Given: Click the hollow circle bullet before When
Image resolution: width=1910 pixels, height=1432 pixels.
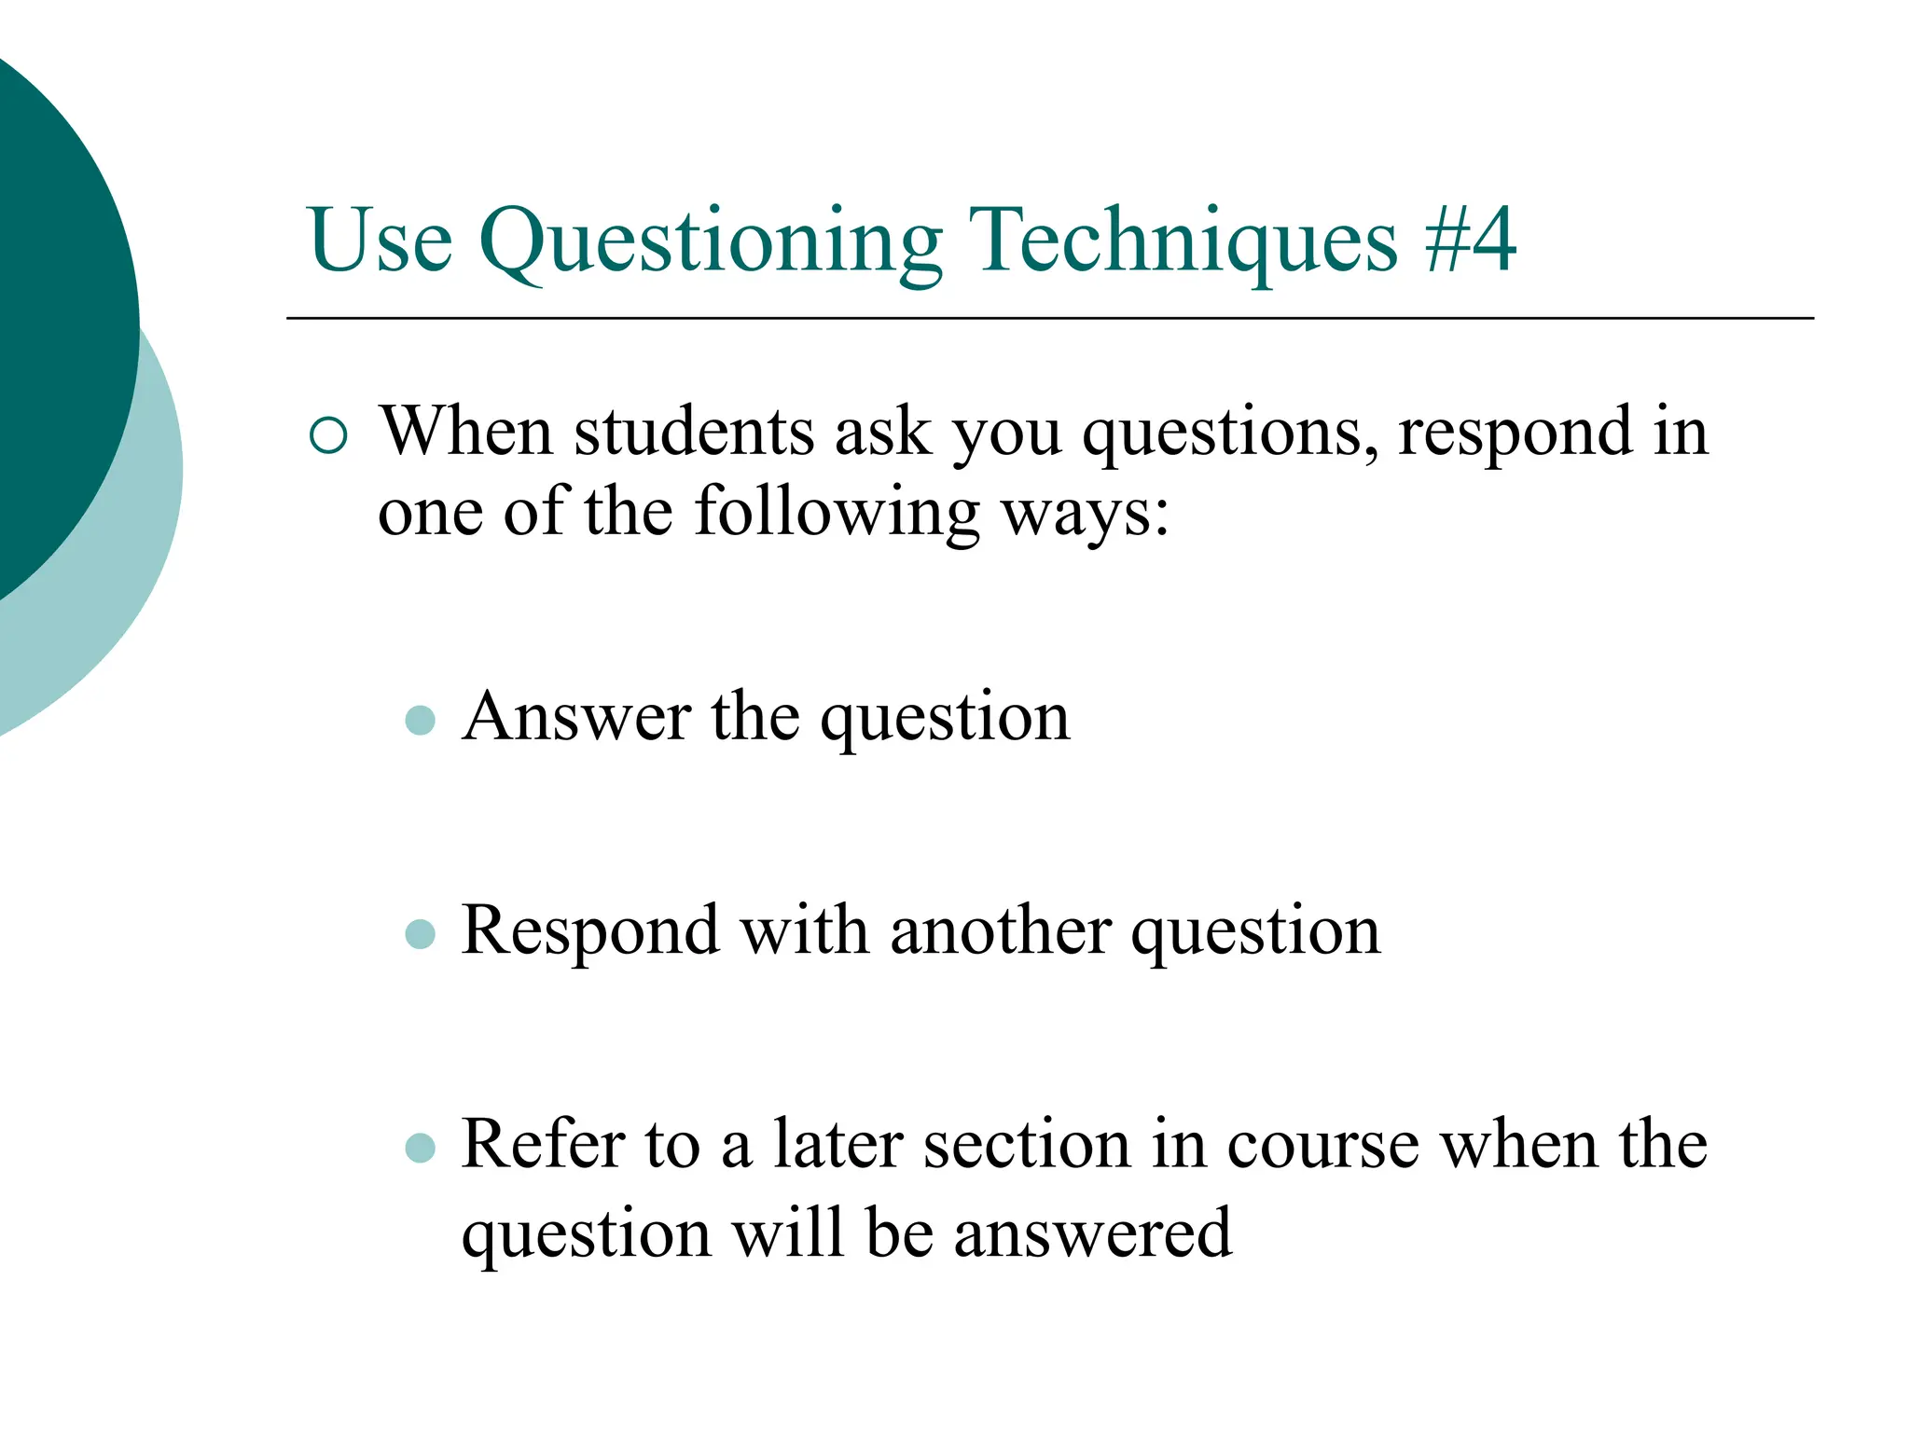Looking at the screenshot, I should pos(328,435).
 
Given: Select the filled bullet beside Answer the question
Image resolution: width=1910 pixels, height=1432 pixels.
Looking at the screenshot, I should pos(421,720).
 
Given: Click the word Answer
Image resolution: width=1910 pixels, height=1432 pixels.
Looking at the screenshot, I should pos(576,717).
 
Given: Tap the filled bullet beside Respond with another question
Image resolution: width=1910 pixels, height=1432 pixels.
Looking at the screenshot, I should pos(421,933).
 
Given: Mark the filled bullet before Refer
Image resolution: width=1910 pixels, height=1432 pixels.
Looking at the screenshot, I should pos(421,1148).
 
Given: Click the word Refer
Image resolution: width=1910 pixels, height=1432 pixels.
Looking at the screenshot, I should pos(542,1144).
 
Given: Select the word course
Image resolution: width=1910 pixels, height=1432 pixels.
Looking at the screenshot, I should pos(1323,1144).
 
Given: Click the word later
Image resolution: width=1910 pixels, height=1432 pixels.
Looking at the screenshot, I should pos(837,1144).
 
